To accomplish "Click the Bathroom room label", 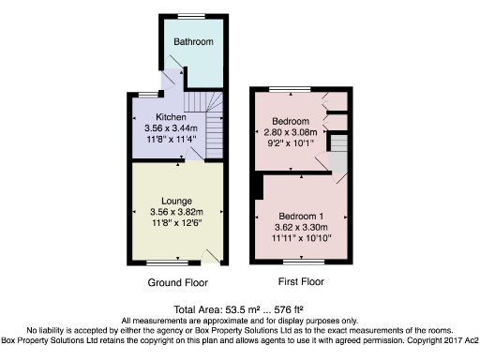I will tap(192, 42).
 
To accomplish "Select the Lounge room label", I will tap(176, 202).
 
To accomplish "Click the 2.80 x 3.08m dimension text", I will tap(297, 133).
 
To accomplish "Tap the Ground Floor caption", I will tap(177, 282).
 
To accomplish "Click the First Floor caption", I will tap(301, 281).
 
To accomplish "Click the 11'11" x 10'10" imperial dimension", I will tap(298, 238).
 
